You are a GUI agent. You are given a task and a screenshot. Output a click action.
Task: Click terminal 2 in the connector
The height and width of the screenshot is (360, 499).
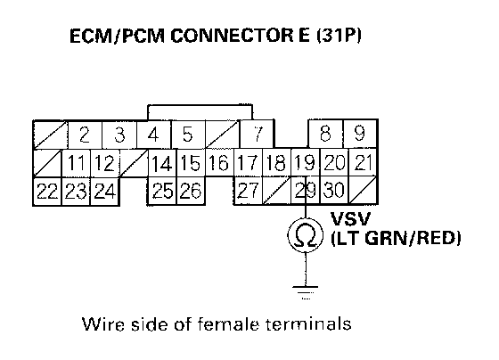(85, 135)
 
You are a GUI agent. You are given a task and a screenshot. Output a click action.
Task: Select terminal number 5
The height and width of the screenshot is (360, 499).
(188, 135)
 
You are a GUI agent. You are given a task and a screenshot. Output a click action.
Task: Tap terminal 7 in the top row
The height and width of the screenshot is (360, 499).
(258, 134)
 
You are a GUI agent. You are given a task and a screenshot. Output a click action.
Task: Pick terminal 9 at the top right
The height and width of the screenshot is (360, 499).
(360, 134)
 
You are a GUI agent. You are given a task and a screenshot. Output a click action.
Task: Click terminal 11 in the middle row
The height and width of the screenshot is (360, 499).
(76, 163)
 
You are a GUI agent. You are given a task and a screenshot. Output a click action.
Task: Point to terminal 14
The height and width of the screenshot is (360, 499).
(162, 163)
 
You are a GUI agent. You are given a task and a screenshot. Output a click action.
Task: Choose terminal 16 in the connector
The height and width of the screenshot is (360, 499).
(219, 162)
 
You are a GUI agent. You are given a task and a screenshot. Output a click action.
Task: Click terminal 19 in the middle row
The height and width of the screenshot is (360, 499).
(305, 162)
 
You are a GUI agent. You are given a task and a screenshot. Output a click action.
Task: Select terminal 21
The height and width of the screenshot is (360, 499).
(364, 162)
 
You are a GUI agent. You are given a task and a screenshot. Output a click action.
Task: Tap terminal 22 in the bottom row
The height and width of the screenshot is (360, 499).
(47, 192)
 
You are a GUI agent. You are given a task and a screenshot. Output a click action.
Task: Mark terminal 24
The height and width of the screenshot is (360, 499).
(105, 192)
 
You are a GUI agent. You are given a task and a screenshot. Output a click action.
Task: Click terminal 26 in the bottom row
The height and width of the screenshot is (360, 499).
(191, 191)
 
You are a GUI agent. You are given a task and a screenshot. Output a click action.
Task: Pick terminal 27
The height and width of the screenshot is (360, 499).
(248, 191)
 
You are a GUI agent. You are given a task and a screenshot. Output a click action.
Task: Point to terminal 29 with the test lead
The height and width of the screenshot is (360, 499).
(305, 191)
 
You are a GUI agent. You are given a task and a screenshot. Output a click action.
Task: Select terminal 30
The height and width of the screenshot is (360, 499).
(334, 191)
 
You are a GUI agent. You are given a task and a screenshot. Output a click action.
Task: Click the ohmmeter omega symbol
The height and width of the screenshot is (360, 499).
(305, 236)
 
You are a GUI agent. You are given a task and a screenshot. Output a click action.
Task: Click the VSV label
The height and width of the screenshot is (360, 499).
(351, 218)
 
